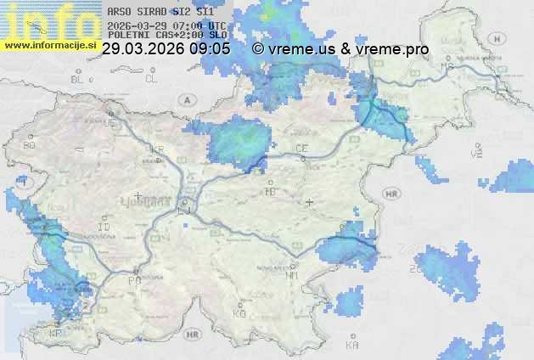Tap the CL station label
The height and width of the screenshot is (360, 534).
pos(151,79)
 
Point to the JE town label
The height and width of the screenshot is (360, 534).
pos(109,123)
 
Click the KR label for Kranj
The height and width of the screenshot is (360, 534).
pos(156,149)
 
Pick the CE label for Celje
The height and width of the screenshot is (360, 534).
pos(301,149)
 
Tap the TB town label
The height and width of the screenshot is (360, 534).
pos(271,192)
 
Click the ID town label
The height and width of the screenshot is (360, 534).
pos(104,228)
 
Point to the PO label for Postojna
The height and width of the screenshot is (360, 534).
pos(133,280)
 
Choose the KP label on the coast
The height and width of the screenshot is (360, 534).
pos(56,333)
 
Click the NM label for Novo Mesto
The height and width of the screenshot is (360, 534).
pos(292,276)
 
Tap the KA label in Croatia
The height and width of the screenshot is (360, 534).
pos(353,346)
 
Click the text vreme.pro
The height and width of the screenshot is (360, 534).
pos(395,49)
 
